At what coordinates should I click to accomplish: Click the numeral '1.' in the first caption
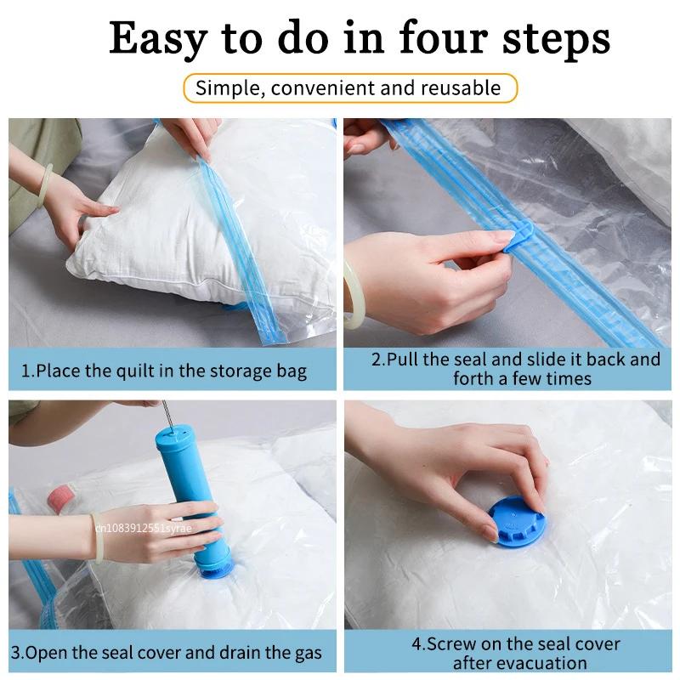click(x=27, y=371)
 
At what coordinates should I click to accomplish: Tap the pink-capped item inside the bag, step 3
click(x=62, y=498)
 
